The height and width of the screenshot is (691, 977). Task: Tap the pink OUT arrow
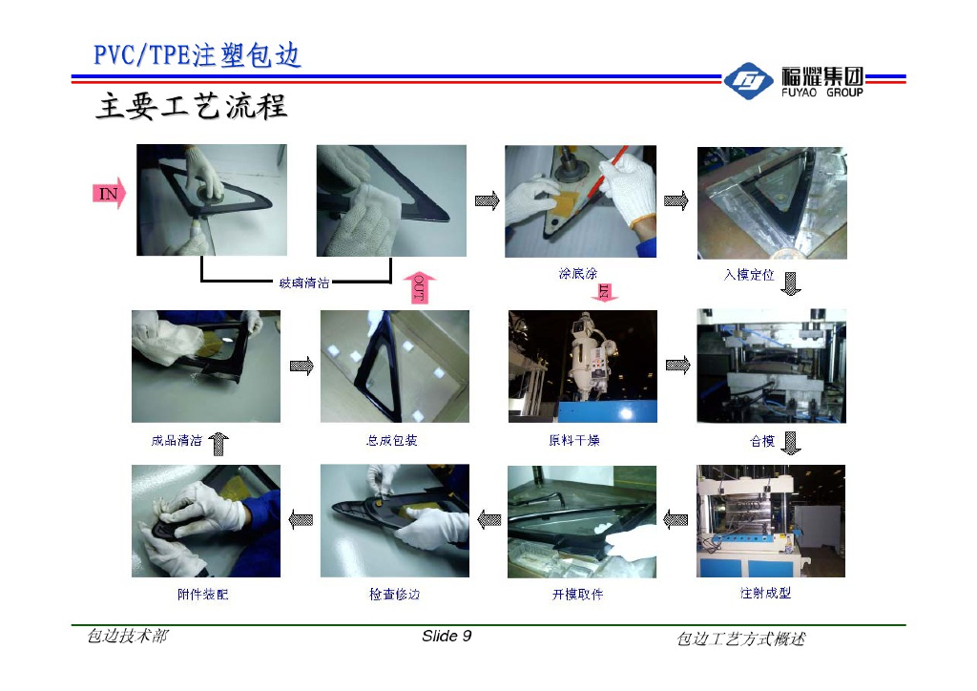click(421, 286)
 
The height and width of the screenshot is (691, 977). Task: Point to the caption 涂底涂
click(578, 274)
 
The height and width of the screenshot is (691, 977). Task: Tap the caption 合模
click(760, 441)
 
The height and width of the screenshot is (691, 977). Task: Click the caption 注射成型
click(765, 593)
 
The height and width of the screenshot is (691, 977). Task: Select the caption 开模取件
click(577, 595)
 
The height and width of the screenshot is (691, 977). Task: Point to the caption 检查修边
click(394, 595)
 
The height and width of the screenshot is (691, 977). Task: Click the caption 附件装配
click(202, 595)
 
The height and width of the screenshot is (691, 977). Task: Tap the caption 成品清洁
click(177, 441)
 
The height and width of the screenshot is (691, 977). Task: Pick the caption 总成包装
click(392, 441)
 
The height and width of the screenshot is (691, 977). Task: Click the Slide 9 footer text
click(447, 637)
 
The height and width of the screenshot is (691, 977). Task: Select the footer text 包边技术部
click(127, 637)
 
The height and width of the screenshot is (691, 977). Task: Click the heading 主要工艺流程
click(191, 107)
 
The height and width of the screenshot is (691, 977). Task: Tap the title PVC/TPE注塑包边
click(197, 55)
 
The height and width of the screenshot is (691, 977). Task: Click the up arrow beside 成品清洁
click(218, 442)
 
